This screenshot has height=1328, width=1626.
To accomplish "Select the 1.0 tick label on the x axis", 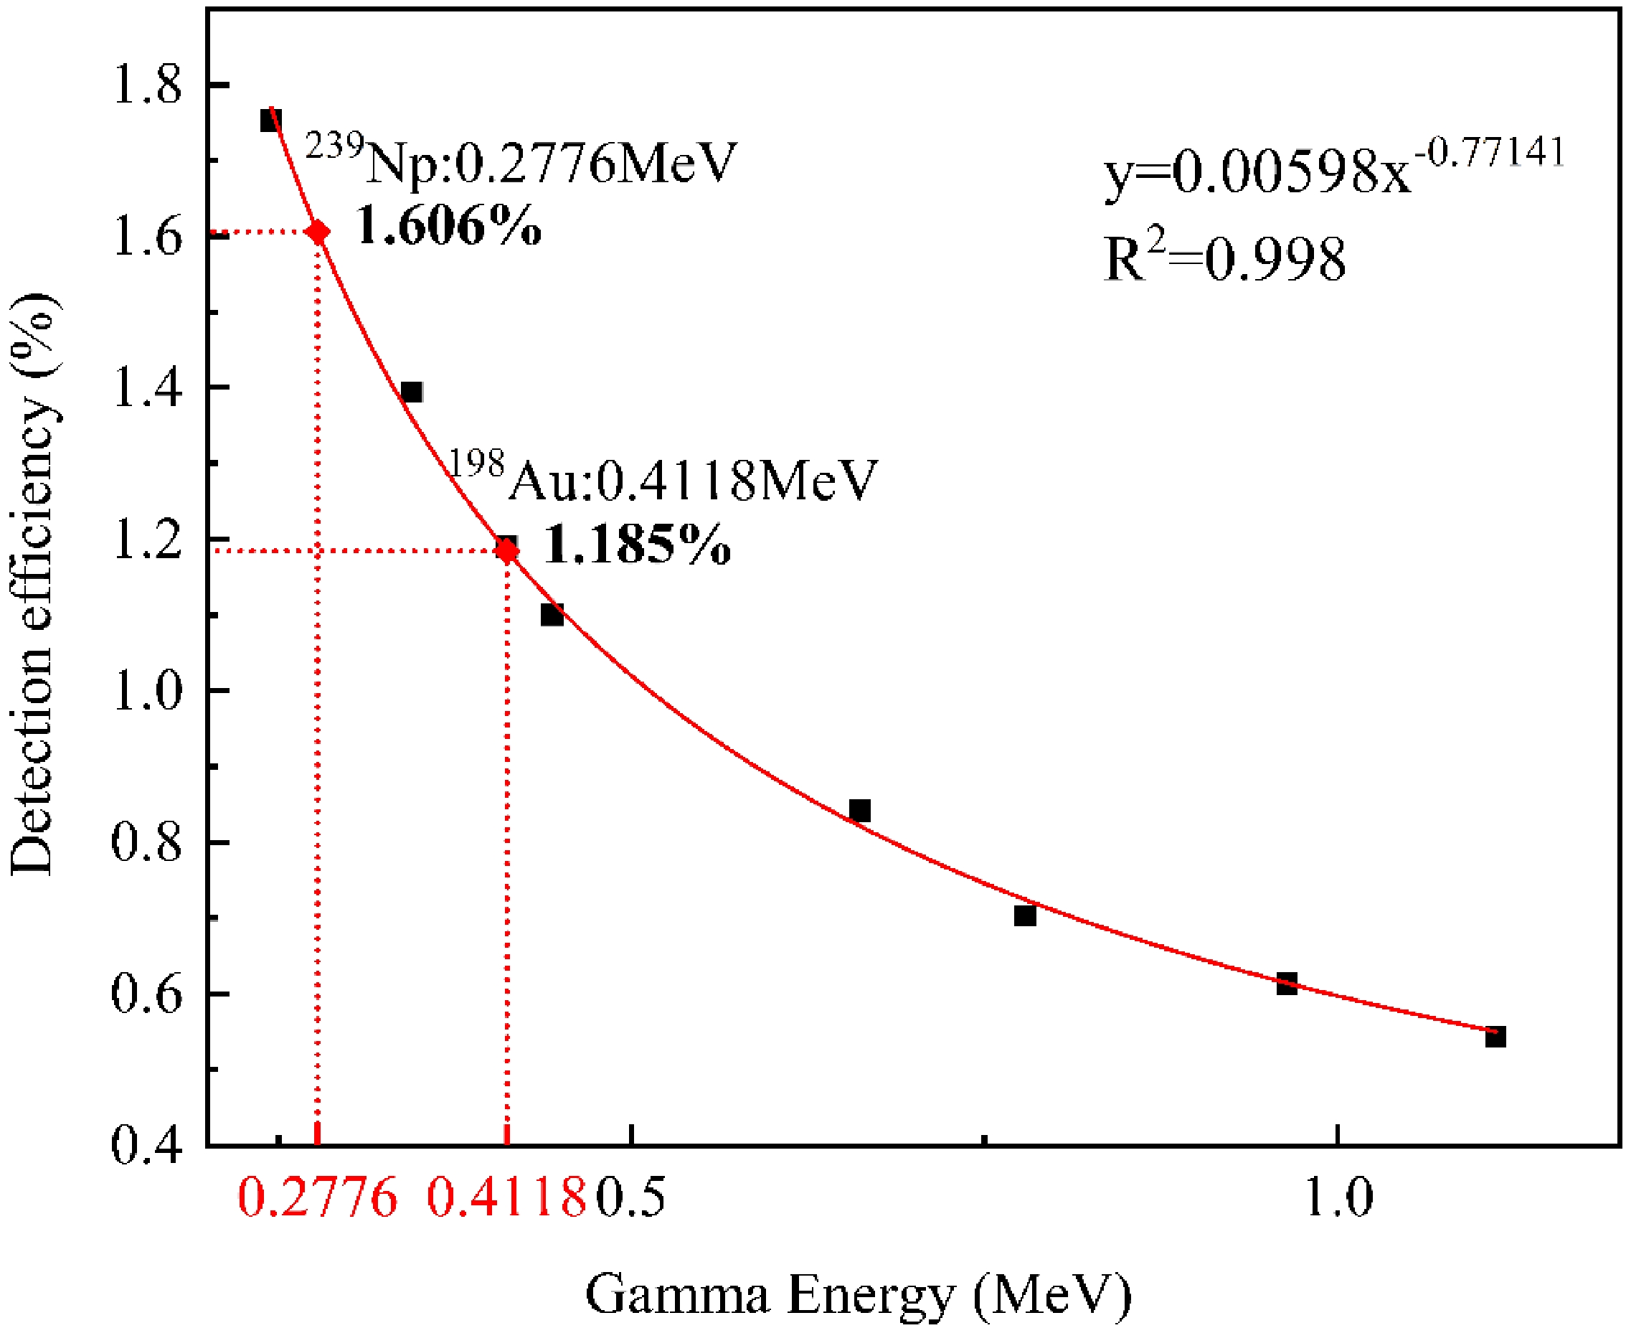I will (1337, 1197).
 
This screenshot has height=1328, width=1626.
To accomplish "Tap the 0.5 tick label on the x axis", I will (630, 1197).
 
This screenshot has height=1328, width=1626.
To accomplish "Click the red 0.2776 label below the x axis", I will (318, 1197).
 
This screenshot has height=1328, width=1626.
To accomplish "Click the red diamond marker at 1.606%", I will (318, 232).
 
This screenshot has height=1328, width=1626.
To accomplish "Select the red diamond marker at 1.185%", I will (506, 550).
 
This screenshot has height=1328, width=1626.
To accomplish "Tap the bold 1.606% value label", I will (449, 227).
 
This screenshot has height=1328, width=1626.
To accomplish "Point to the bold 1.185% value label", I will (636, 545).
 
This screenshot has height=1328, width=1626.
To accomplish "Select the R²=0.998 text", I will (1224, 258).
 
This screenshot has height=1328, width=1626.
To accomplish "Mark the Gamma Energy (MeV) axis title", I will (857, 1294).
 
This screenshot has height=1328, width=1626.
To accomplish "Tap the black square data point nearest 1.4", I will (412, 392).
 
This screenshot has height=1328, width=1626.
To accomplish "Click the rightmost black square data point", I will (1495, 1037).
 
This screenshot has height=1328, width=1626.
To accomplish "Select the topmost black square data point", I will (270, 121).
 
